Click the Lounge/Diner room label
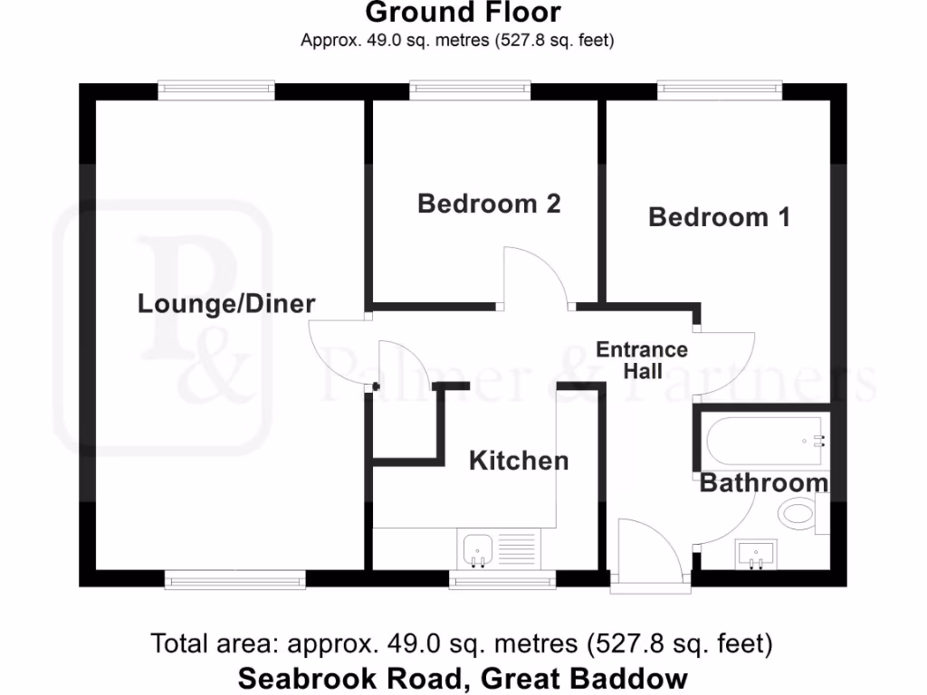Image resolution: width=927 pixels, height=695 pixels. pos(225,303)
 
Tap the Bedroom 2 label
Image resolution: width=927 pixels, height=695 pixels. pos(489,204)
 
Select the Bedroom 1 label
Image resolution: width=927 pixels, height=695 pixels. pos(719,217)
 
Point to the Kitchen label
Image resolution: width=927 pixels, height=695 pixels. pos(519,461)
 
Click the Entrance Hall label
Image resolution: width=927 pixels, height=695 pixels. pos(642,360)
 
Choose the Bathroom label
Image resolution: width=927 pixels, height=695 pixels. pos(763,483)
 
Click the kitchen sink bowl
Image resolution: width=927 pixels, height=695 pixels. pos(477,548)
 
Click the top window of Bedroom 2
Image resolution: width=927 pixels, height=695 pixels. pos(469,89)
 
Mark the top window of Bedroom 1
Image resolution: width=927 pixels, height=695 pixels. pos(720,89)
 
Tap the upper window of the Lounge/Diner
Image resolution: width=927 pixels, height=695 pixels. pos(215,89)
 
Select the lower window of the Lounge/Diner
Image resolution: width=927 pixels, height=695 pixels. pos(235,579)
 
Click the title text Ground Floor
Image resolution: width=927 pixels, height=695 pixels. pos(463,13)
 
